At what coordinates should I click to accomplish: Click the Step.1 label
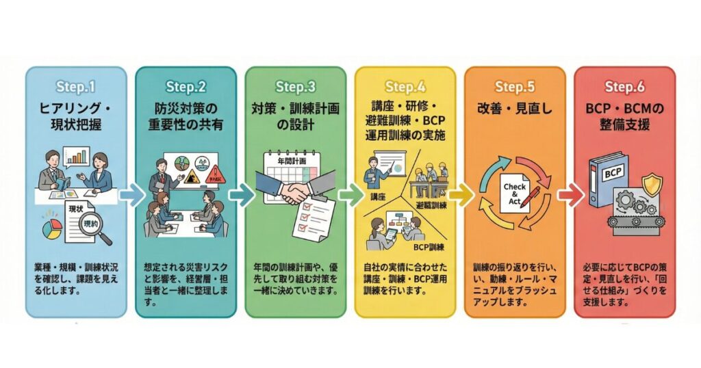click(77, 87)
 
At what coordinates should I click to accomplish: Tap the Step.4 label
click(405, 87)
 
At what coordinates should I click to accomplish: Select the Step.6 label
click(624, 87)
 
